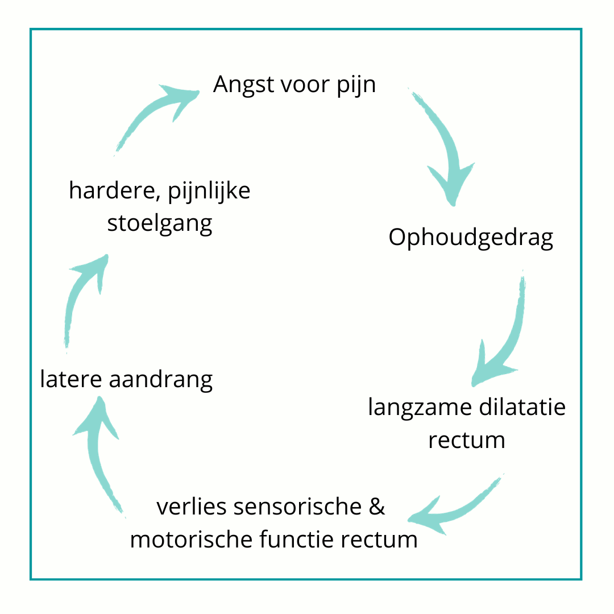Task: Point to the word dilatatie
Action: tap(522, 406)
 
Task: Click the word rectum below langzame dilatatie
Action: tap(467, 441)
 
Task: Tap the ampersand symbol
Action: tap(377, 506)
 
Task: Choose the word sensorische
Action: tap(297, 506)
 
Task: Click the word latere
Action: tap(71, 379)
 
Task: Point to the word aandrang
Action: tap(161, 380)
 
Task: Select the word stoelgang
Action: tap(160, 225)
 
